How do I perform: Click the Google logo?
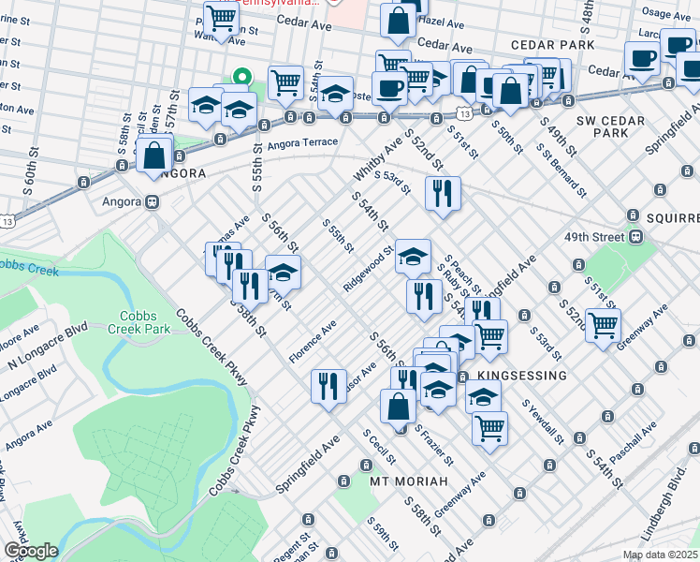pos(30,551)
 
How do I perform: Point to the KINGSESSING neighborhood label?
pos(521,376)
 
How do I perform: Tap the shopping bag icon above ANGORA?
pos(154,155)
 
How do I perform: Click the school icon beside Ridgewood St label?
pos(413,256)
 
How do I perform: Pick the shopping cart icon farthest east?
pos(604,325)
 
